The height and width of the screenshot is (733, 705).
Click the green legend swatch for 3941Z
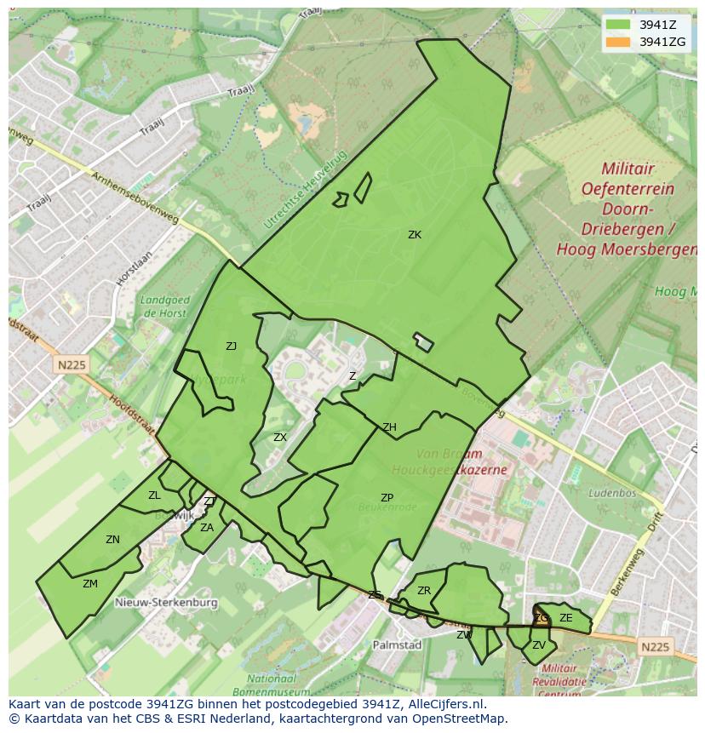click(618, 25)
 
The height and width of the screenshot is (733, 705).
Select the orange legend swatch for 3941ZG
click(618, 42)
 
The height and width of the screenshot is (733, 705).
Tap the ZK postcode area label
click(415, 235)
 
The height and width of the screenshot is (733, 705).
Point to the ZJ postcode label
click(232, 346)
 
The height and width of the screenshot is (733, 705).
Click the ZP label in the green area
click(387, 498)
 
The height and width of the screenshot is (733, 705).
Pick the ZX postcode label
click(280, 438)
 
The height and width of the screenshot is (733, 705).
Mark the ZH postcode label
click(389, 427)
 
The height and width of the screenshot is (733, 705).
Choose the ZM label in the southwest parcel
click(90, 584)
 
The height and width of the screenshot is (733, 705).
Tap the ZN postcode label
click(112, 540)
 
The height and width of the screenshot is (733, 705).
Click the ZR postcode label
click(424, 591)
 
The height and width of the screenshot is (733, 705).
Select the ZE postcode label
click(566, 618)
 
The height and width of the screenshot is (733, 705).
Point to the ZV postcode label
click(538, 645)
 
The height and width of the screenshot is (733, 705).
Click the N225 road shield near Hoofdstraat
click(73, 365)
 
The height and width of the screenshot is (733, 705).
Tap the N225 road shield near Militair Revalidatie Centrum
click(655, 647)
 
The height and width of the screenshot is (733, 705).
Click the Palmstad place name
click(397, 645)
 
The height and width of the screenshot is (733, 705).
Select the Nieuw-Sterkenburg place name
click(165, 602)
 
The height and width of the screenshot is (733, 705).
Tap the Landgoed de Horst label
click(164, 306)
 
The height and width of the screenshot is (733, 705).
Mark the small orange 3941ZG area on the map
click(541, 619)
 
